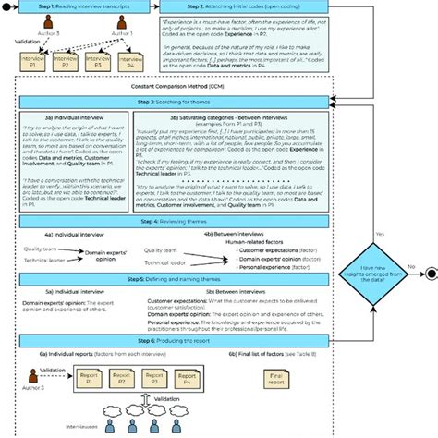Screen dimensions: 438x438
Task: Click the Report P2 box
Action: (x=120, y=378)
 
